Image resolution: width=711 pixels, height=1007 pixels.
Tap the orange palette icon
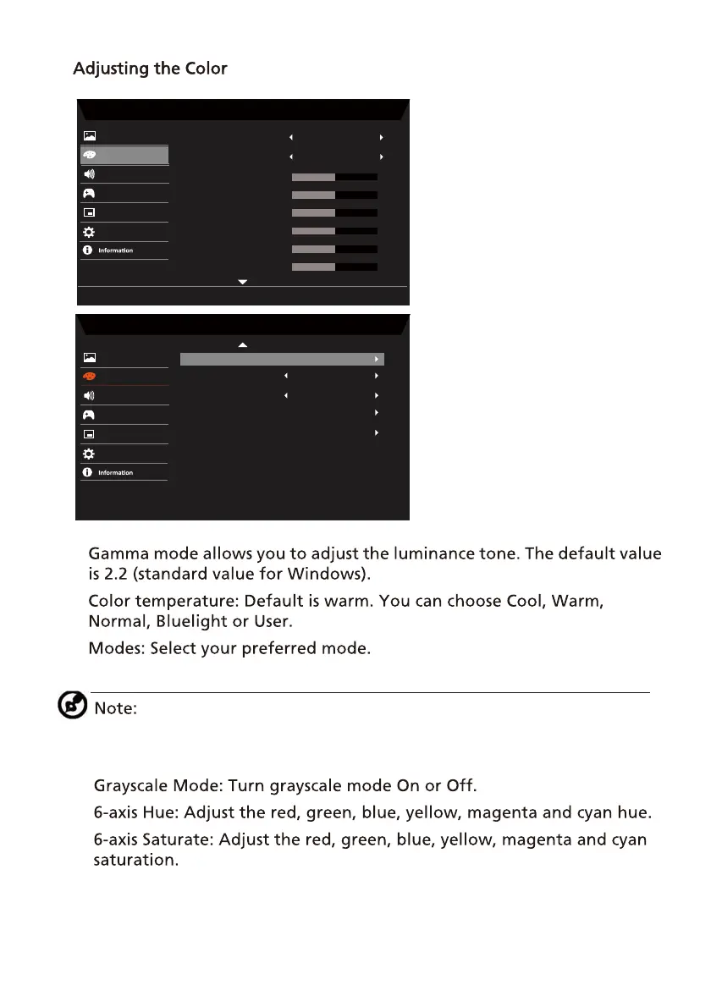(89, 377)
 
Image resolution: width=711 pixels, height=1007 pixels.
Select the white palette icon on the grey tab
(89, 155)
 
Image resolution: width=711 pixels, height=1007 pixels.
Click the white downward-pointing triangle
(243, 281)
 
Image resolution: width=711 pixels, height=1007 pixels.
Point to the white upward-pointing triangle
(243, 345)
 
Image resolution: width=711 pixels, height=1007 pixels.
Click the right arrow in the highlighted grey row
(377, 360)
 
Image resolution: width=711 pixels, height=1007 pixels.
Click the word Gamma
(118, 554)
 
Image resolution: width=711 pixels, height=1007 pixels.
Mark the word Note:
(115, 707)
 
